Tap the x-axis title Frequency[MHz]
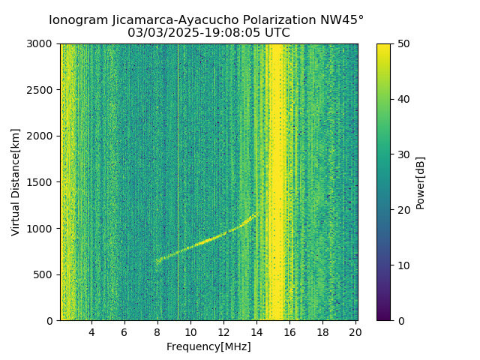click(208, 346)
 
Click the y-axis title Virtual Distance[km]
click(16, 182)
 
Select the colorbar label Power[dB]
click(421, 182)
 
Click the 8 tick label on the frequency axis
click(157, 332)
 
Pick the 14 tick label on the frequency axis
click(256, 332)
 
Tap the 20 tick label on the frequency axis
click(355, 332)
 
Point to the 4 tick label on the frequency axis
click(91, 332)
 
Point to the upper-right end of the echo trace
click(256, 215)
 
